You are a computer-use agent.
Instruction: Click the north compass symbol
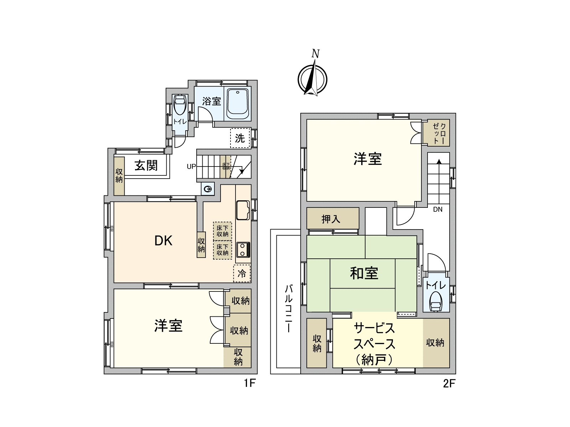coord(312,79)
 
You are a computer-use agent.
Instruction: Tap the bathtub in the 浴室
coord(238,104)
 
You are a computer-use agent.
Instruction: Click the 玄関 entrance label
coord(146,165)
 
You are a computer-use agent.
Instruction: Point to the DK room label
coord(163,241)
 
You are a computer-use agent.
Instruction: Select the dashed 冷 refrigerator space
coord(242,273)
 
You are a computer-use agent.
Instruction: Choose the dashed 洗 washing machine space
coord(240,138)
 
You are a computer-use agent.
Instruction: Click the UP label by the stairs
coord(191,166)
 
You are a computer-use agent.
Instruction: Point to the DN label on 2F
coord(438,210)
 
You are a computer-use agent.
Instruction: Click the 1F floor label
coord(250,383)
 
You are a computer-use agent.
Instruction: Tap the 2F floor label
coord(449,383)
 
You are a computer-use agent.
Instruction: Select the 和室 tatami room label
coord(364,273)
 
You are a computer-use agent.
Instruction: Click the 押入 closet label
coord(331,219)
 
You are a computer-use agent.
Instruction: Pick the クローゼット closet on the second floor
coord(439,133)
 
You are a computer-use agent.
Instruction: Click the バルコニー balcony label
coord(289,309)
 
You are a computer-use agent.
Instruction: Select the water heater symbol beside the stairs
coord(208,189)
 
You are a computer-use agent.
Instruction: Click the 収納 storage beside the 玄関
coord(119,176)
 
